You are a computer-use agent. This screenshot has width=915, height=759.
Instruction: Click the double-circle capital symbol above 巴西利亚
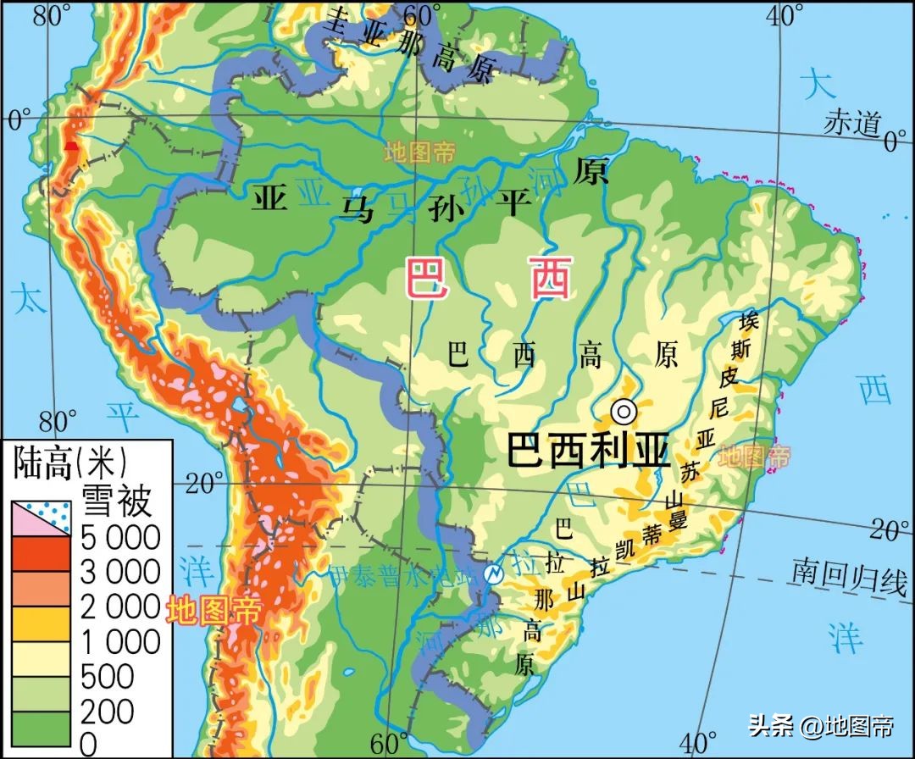[624, 412]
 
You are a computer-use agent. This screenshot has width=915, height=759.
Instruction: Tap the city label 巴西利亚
[588, 450]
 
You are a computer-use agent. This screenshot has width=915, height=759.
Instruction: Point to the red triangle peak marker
[73, 146]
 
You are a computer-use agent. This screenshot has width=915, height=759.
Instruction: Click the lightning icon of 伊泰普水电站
[492, 573]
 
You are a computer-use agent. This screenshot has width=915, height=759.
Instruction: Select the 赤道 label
[851, 124]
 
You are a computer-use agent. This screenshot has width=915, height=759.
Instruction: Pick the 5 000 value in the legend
[119, 537]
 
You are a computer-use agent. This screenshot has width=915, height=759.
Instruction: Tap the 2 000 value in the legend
[119, 607]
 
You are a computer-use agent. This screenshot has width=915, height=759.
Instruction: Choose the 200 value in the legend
[107, 711]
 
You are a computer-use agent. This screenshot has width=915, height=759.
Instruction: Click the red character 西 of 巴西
[551, 279]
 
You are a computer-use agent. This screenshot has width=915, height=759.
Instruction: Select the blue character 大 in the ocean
[817, 85]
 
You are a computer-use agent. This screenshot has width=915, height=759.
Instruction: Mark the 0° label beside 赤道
[894, 141]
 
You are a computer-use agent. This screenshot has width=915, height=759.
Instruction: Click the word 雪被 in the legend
[116, 501]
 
